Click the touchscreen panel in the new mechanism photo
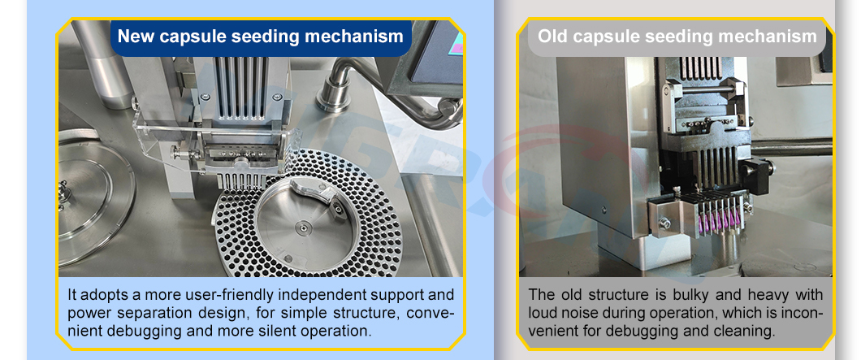pos(435,49)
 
